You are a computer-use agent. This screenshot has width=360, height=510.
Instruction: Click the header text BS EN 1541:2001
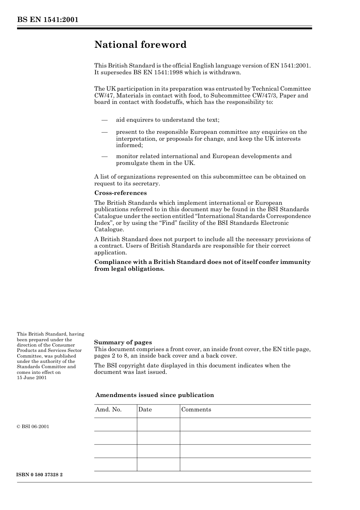click(x=47, y=20)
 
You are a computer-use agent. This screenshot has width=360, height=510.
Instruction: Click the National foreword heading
click(x=140, y=45)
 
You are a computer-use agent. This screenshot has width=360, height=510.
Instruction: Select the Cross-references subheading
click(x=120, y=193)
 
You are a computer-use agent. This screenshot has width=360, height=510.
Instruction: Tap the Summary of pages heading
click(x=123, y=342)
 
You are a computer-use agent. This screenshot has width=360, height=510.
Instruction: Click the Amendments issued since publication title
click(x=154, y=395)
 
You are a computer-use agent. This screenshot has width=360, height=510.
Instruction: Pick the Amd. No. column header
click(x=108, y=410)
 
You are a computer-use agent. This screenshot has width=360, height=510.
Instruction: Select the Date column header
click(x=145, y=410)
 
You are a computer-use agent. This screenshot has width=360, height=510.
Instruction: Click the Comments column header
click(x=196, y=410)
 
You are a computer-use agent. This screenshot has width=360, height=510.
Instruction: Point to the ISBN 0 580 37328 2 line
click(x=40, y=475)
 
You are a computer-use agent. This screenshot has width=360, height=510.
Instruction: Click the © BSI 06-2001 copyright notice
click(x=33, y=427)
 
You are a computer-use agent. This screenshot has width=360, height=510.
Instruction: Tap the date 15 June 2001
click(x=32, y=378)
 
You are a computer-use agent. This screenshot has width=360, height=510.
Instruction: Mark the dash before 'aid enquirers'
click(x=105, y=120)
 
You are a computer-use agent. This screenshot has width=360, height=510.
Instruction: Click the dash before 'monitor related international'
click(x=105, y=156)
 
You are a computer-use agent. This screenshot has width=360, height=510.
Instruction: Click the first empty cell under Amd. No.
click(x=115, y=424)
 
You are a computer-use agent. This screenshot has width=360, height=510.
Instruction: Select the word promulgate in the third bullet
click(x=133, y=163)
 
